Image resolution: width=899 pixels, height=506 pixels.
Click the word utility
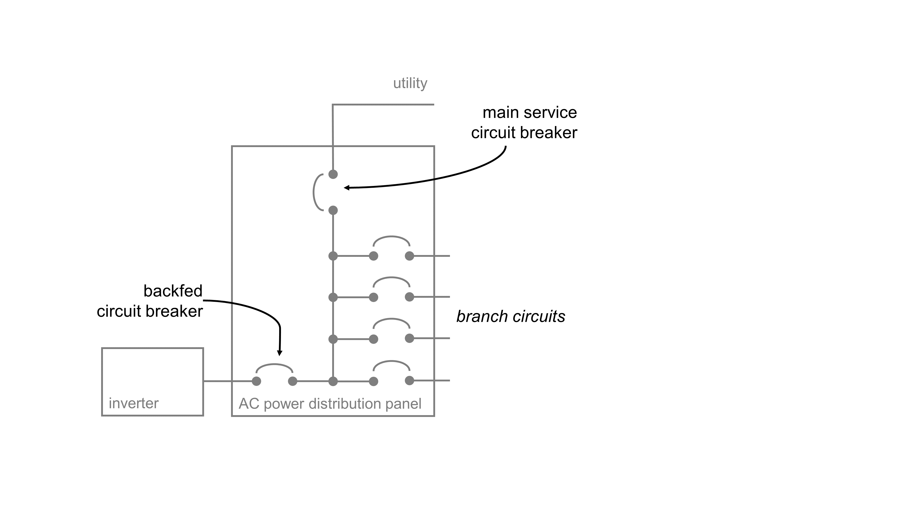coord(410,83)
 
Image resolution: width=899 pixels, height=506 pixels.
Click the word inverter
coord(134,403)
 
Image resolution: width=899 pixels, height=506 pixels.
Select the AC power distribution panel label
coord(330,404)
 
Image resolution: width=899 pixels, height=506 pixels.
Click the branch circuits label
coord(511,317)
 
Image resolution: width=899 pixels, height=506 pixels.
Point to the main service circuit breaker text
coord(524,123)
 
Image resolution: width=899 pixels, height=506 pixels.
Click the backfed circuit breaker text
coord(150,301)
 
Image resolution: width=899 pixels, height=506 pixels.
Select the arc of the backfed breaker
coord(274,365)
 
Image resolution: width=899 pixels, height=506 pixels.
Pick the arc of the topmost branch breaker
coord(391,237)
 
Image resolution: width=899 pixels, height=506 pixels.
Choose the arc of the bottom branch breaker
coord(391,361)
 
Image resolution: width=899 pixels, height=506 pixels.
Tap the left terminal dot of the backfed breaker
coord(256,381)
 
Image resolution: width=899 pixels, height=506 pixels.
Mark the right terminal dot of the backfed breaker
coord(292,381)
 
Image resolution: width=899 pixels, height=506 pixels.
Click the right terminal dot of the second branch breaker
coord(409,297)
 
